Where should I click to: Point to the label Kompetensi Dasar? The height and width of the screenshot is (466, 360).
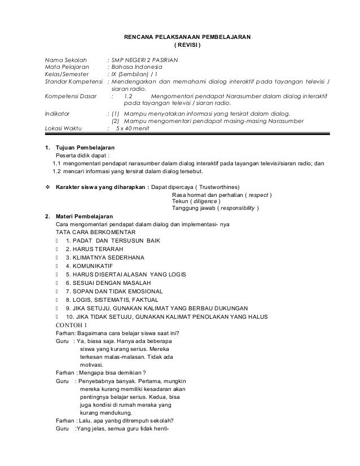[x=69, y=96]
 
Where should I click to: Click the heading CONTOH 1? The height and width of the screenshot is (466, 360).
[x=70, y=325]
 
